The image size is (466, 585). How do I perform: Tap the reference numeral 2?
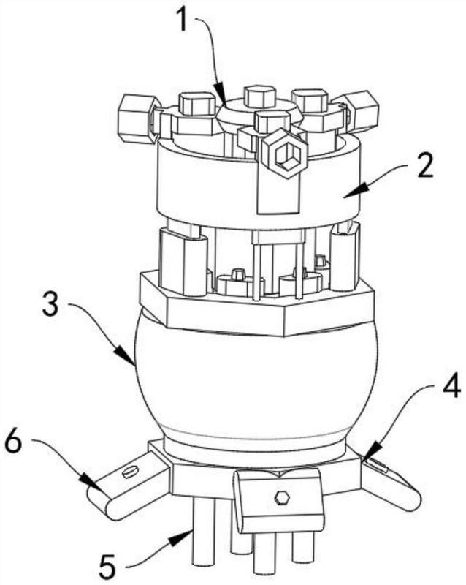coord(425,166)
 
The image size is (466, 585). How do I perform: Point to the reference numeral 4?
coord(451,393)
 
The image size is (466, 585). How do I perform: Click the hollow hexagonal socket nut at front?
coord(284,154)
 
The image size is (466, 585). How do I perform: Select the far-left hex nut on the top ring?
coord(137,118)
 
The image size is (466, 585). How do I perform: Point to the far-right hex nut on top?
coord(358,110)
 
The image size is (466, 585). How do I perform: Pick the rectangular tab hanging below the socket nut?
coord(279,195)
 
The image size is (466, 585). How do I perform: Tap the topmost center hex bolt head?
coord(259,97)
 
